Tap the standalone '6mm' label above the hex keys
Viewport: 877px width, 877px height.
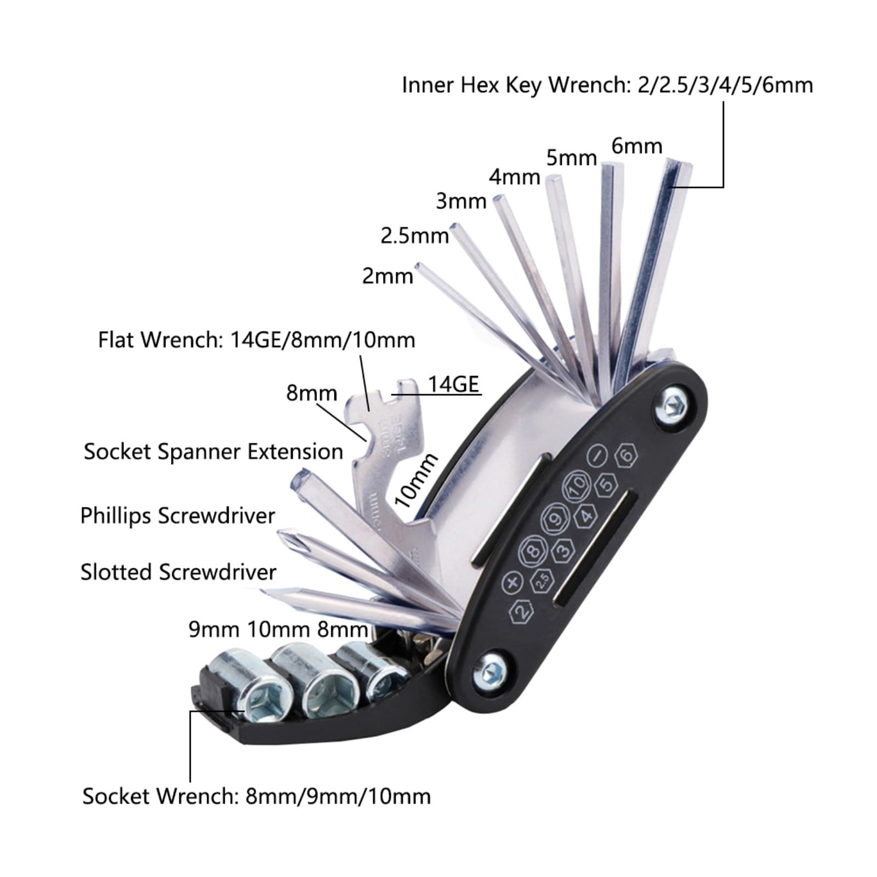click(637, 146)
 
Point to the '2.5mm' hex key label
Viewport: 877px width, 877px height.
click(415, 236)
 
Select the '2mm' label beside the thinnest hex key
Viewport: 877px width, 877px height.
click(388, 275)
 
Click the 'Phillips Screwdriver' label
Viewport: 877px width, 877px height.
click(178, 516)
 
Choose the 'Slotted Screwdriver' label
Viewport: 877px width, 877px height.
click(178, 572)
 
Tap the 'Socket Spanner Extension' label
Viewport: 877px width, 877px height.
click(213, 452)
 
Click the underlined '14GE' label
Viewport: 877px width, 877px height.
click(453, 384)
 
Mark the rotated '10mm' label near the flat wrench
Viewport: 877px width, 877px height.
click(417, 480)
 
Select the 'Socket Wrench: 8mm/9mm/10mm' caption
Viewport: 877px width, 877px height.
click(257, 796)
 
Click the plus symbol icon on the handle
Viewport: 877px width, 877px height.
click(512, 583)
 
